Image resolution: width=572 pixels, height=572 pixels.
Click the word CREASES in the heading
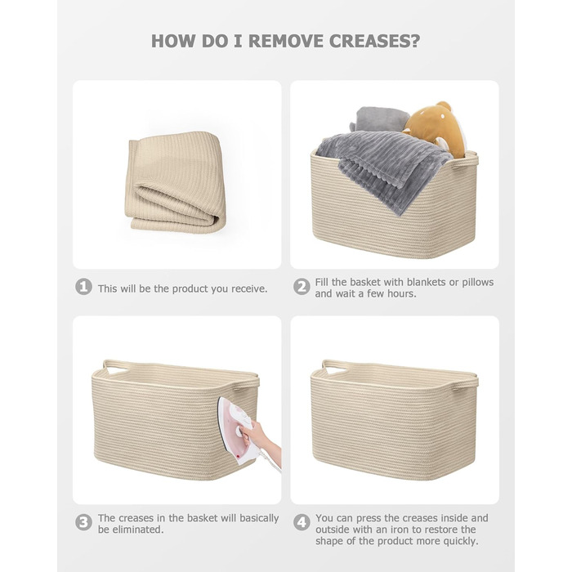click(x=374, y=41)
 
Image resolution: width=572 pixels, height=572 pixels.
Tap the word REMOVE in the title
click(x=286, y=41)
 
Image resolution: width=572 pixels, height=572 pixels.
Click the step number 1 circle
click(x=83, y=287)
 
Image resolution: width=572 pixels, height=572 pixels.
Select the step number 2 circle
click(x=302, y=287)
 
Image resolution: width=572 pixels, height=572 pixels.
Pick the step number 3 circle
click(x=83, y=522)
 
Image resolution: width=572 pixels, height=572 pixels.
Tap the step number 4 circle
click(x=302, y=522)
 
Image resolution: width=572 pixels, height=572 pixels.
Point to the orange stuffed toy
click(x=434, y=128)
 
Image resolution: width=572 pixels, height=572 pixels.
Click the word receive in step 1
click(x=249, y=289)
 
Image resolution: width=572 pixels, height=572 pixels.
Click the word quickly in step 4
click(x=460, y=541)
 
